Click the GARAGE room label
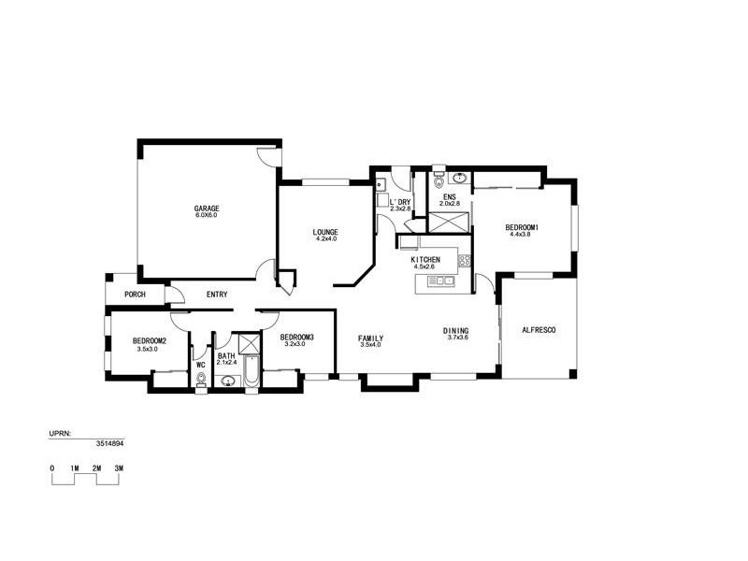[206, 208]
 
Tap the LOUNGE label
[325, 232]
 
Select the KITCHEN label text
[425, 259]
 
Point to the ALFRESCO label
[539, 331]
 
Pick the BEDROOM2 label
[150, 341]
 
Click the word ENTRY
[217, 295]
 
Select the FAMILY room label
[371, 338]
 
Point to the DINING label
[456, 331]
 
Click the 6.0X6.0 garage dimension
[206, 216]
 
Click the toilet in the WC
[201, 379]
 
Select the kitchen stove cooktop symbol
[463, 259]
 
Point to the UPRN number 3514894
[110, 446]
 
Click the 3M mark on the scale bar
[119, 467]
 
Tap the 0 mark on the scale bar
[52, 467]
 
